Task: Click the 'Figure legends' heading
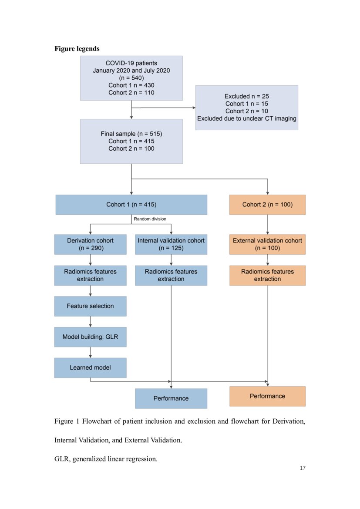77,49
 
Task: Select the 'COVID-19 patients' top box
131,78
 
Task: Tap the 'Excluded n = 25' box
246,107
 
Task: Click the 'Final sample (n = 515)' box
131,141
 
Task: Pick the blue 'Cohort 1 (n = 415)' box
131,205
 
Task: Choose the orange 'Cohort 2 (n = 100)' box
267,205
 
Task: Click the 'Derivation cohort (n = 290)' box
90,244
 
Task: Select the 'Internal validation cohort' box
171,244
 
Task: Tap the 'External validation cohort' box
267,244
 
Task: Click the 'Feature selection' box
90,306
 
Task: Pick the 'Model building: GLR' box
90,337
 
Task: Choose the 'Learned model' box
90,367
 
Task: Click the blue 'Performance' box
171,398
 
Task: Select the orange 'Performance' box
267,396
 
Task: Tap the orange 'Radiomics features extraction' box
267,275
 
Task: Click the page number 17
303,468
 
